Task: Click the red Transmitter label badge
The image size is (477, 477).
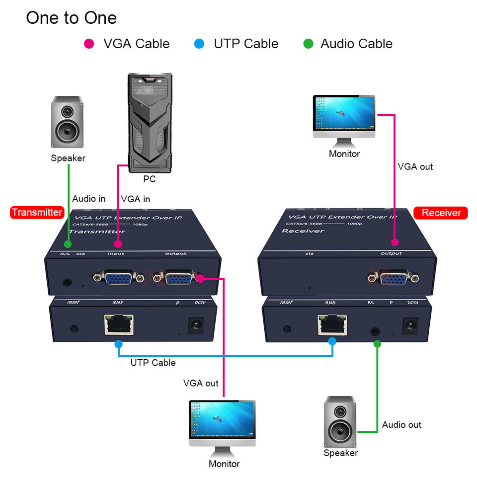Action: point(37,213)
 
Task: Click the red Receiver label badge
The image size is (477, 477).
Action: point(441,213)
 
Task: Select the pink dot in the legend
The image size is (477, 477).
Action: point(89,44)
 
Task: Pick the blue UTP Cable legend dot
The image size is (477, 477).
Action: point(199,44)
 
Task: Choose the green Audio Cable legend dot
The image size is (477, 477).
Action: point(308,44)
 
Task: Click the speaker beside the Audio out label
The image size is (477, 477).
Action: point(340,421)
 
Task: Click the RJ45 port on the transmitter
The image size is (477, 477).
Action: point(119,324)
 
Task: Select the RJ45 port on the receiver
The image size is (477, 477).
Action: point(332,324)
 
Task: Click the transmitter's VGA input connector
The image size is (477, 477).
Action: point(117,279)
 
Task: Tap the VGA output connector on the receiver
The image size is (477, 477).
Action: point(394,278)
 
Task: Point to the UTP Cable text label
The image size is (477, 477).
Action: point(153,363)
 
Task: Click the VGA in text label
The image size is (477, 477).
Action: point(135,199)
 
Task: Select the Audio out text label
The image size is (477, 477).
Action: point(401,425)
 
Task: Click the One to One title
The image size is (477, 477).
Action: point(71,18)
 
